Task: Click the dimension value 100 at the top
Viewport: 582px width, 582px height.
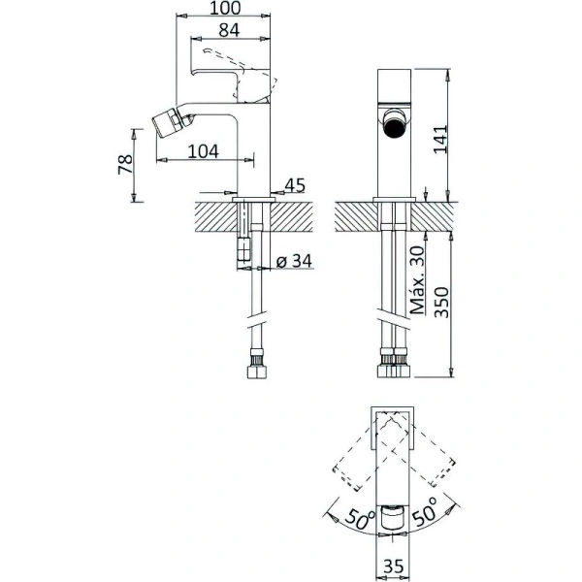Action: tap(225, 8)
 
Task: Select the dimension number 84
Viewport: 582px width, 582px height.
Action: tap(229, 30)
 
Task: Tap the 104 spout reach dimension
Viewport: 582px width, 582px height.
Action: tap(204, 151)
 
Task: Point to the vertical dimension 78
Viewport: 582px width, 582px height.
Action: tap(125, 165)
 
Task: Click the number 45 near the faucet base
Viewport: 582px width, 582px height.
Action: tap(295, 185)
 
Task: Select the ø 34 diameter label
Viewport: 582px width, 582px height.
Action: tap(294, 261)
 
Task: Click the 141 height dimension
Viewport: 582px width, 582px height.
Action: tap(441, 139)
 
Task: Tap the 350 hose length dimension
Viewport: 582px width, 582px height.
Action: tap(441, 302)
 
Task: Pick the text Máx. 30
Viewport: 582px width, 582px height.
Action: tap(417, 280)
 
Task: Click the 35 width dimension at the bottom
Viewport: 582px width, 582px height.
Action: tap(393, 566)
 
